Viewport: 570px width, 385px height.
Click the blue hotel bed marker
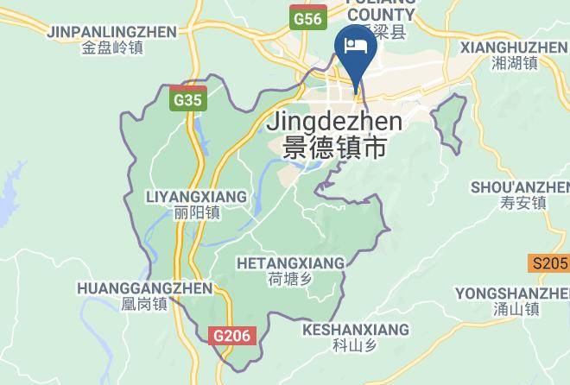click(355, 45)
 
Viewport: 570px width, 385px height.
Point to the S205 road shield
click(549, 263)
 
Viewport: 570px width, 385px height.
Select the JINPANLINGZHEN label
click(112, 32)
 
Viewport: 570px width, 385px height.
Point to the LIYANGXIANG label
click(196, 197)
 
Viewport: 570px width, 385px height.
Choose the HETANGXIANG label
click(290, 262)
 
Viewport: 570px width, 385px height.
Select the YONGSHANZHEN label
click(512, 293)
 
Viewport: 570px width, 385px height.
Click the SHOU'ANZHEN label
click(520, 186)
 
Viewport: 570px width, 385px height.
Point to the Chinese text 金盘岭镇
click(112, 48)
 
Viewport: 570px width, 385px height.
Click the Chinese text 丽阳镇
click(197, 213)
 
